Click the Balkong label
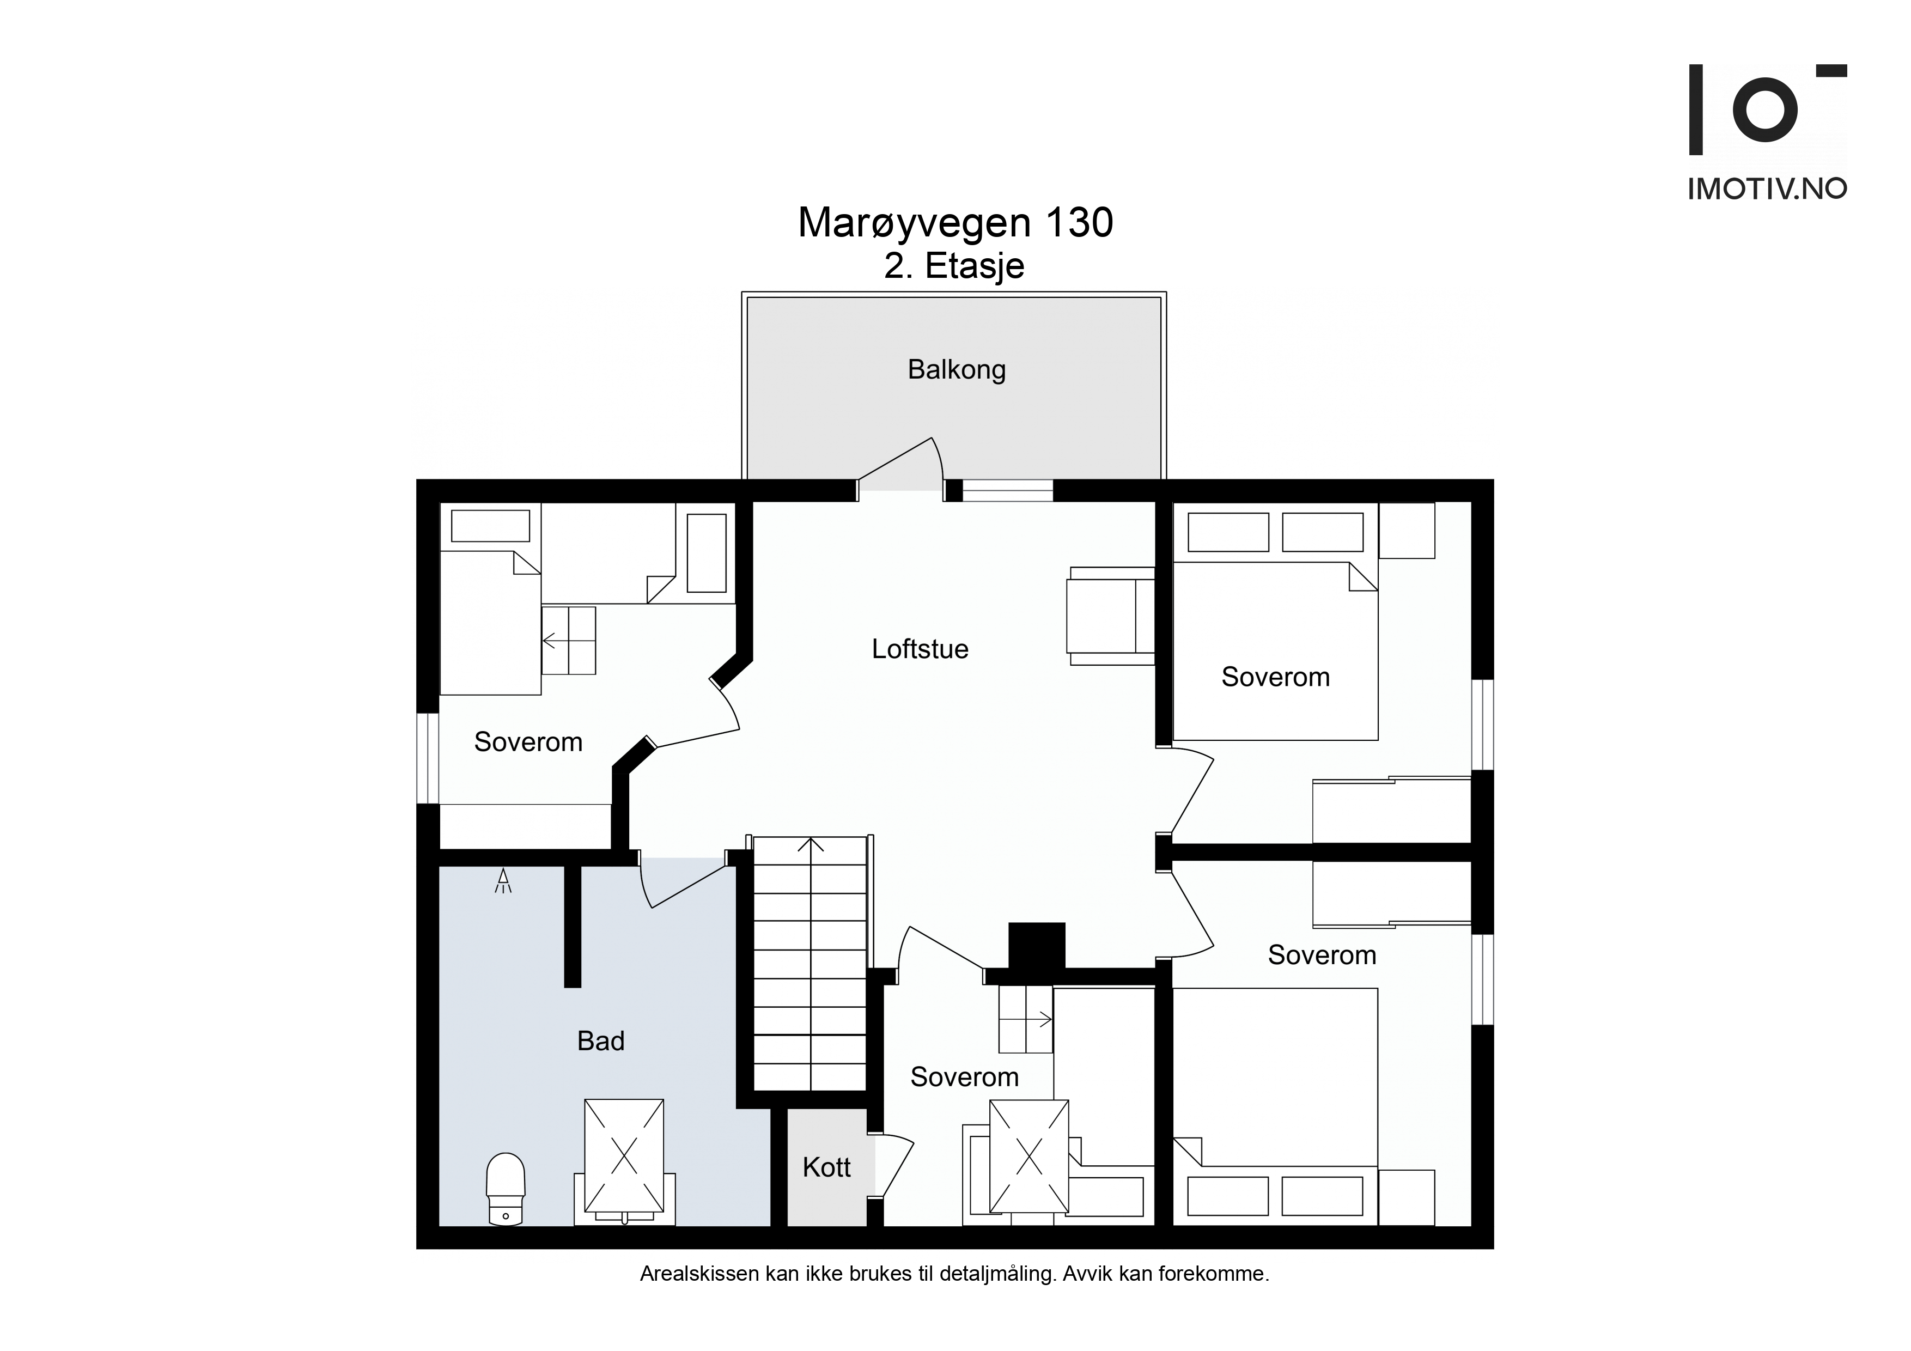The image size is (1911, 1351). (x=957, y=369)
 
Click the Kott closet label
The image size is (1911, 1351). (x=826, y=1167)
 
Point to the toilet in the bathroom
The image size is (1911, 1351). (x=505, y=1189)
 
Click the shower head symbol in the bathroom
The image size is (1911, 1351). (x=503, y=881)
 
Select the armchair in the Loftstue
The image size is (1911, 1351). (x=1110, y=616)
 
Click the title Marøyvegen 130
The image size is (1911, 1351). (x=955, y=223)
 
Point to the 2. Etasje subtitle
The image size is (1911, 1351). (x=954, y=266)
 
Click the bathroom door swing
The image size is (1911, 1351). (x=683, y=884)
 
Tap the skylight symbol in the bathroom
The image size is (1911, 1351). (x=624, y=1156)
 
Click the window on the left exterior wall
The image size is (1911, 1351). (x=428, y=758)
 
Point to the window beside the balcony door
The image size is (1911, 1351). (x=1008, y=491)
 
